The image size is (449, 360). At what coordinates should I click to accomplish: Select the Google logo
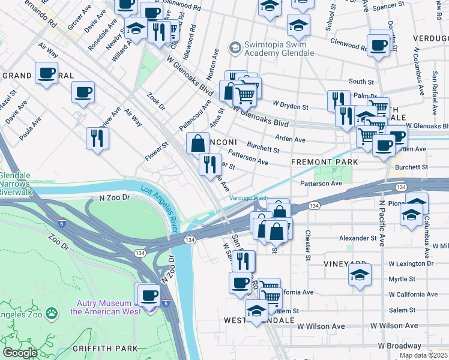tap(20, 353)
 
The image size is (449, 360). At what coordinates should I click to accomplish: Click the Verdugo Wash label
tap(248, 198)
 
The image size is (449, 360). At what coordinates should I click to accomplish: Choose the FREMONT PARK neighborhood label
tap(324, 162)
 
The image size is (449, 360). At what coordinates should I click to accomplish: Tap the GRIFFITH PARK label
tap(105, 349)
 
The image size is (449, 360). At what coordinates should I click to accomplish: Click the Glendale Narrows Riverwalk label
tap(16, 184)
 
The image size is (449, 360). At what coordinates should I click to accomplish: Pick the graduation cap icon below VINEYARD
tap(360, 275)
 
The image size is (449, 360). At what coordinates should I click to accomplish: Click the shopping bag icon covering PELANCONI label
tap(197, 144)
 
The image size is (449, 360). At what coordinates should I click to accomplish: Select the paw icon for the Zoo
tap(52, 312)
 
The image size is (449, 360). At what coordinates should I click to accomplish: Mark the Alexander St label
tap(357, 238)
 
